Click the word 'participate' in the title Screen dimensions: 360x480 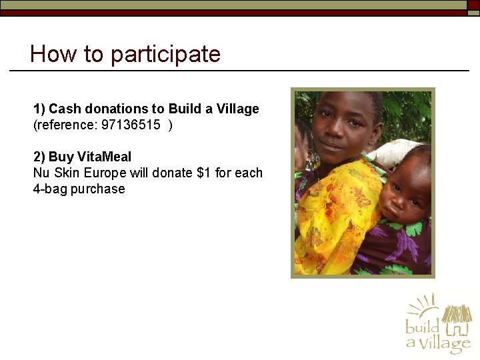pos(165,54)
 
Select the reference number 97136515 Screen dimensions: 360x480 pos(131,125)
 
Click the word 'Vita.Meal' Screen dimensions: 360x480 pos(105,157)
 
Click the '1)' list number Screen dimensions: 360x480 pos(39,109)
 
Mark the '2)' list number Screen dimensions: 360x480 pos(39,157)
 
